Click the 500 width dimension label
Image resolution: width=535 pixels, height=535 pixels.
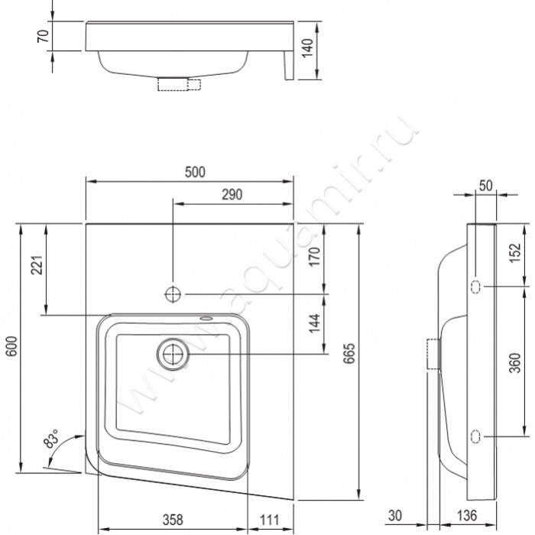click(x=195, y=172)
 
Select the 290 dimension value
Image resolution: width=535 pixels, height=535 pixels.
click(x=232, y=194)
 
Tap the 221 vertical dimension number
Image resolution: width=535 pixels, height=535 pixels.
click(x=37, y=264)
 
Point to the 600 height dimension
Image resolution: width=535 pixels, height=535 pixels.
click(x=11, y=346)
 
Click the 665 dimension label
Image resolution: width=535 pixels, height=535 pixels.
click(x=349, y=353)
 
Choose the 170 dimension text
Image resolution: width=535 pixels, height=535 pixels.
click(x=314, y=257)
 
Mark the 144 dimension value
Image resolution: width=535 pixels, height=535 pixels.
click(x=314, y=323)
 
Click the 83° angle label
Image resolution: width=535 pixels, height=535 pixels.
click(x=51, y=439)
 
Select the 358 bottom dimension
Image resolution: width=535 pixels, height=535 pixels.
click(x=173, y=520)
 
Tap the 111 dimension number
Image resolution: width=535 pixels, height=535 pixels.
click(x=270, y=520)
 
